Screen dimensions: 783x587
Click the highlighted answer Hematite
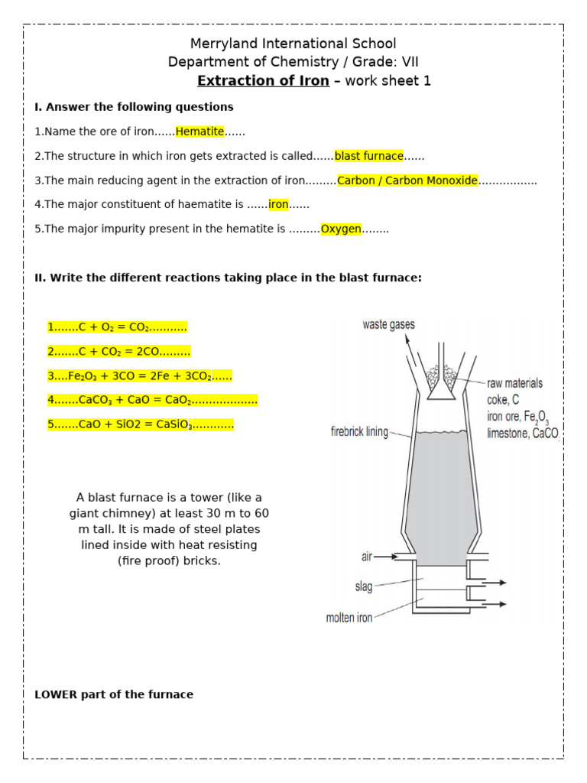pyautogui.click(x=199, y=132)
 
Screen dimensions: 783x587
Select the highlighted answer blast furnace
pyautogui.click(x=369, y=156)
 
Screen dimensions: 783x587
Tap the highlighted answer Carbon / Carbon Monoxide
pyautogui.click(x=407, y=180)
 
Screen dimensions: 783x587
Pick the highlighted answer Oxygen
pyautogui.click(x=341, y=229)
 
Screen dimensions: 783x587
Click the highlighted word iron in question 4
pyautogui.click(x=278, y=204)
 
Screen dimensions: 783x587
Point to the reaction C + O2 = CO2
pyautogui.click(x=117, y=327)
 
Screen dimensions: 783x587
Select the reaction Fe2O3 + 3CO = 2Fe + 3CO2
pyautogui.click(x=139, y=375)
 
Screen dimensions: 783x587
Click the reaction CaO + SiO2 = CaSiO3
pyautogui.click(x=140, y=424)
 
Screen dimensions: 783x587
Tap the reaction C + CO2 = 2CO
pyautogui.click(x=118, y=351)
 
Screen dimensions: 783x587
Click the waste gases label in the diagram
pyautogui.click(x=388, y=325)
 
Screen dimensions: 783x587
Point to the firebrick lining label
pyautogui.click(x=359, y=432)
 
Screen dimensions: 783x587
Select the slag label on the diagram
pyautogui.click(x=364, y=586)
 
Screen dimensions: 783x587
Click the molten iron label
pyautogui.click(x=349, y=618)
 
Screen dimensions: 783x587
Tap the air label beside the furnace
pyautogui.click(x=366, y=557)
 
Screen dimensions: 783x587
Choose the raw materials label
pyautogui.click(x=514, y=383)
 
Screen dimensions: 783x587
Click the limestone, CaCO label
pyautogui.click(x=523, y=434)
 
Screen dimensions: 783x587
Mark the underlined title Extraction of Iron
pyautogui.click(x=263, y=81)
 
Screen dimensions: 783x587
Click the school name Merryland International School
pyautogui.click(x=293, y=44)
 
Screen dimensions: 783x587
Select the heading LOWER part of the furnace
pyautogui.click(x=114, y=694)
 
